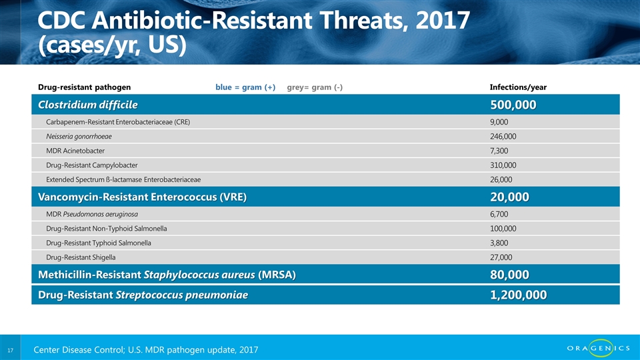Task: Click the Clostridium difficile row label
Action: pyautogui.click(x=88, y=105)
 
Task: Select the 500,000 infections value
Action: pyautogui.click(x=513, y=105)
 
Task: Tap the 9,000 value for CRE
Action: pyautogui.click(x=499, y=122)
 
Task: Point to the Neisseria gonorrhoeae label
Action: pyautogui.click(x=79, y=136)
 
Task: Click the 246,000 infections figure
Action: pyautogui.click(x=503, y=137)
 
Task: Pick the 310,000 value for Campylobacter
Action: pyautogui.click(x=503, y=165)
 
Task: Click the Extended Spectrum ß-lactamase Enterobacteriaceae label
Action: pyautogui.click(x=123, y=179)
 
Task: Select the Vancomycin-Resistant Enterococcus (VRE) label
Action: pyautogui.click(x=143, y=197)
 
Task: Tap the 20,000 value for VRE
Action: pyautogui.click(x=509, y=197)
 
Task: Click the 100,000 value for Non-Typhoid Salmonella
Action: pyautogui.click(x=503, y=229)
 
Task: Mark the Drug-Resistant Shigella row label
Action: pyautogui.click(x=84, y=257)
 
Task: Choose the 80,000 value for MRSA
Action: pyautogui.click(x=509, y=275)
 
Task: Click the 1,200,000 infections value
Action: pyautogui.click(x=519, y=295)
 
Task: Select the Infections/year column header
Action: pyautogui.click(x=518, y=87)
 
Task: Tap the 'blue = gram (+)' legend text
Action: pyautogui.click(x=245, y=87)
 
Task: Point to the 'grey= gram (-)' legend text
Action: pyautogui.click(x=315, y=87)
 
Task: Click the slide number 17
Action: pyautogui.click(x=11, y=350)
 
